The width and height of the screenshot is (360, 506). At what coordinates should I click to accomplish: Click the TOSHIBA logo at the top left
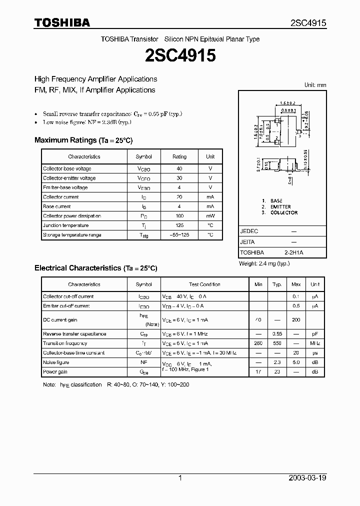[62, 22]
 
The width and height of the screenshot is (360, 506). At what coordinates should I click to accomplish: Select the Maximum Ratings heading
[83, 140]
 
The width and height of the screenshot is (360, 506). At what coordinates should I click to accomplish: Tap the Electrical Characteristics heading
[95, 268]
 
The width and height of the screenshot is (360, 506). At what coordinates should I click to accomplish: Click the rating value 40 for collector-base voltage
[179, 168]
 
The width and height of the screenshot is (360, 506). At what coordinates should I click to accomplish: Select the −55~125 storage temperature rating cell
[179, 235]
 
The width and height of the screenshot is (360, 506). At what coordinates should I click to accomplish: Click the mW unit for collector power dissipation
[210, 216]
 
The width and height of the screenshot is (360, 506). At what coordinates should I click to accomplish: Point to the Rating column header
[179, 156]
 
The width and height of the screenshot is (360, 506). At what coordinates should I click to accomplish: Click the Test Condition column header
[204, 284]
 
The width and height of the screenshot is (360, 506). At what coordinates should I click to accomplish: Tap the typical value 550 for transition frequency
[277, 343]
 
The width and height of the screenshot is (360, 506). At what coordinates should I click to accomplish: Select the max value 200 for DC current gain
[296, 319]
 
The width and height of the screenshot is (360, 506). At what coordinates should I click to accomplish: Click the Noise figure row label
[56, 362]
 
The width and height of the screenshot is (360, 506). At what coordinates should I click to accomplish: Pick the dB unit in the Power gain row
[315, 372]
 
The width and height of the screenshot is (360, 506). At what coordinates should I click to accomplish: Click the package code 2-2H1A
[293, 253]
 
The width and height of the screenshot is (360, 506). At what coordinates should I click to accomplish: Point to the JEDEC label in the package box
[249, 231]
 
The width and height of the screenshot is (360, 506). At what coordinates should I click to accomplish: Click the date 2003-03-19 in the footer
[307, 478]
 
